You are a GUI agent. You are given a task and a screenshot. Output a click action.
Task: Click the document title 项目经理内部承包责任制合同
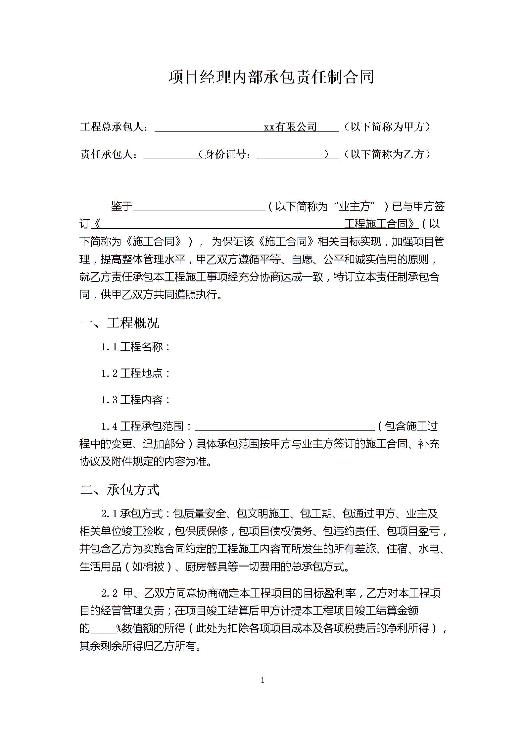point(271,77)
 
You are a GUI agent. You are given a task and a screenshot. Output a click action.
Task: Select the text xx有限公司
point(290,127)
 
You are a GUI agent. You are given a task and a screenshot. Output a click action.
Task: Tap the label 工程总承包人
point(112,127)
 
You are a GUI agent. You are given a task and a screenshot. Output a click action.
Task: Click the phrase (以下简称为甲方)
point(387,127)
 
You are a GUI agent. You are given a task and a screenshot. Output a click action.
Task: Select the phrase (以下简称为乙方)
point(387,154)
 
